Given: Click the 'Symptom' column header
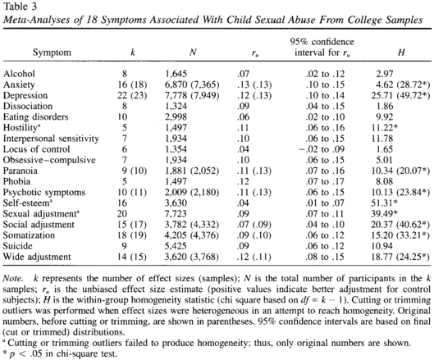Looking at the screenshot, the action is point(52,52).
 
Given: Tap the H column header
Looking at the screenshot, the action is point(401,52).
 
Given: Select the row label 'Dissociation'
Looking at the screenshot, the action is point(28,106).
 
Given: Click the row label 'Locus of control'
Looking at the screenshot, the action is point(36,149).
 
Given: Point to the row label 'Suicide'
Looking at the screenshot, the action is point(17,246).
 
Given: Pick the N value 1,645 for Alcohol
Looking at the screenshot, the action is point(176,74).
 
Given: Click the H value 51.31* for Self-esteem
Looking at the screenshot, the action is point(384,203).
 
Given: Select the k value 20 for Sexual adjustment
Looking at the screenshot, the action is point(121,214).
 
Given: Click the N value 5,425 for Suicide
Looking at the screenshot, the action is point(176,246).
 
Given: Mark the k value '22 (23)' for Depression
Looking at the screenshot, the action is point(132,95).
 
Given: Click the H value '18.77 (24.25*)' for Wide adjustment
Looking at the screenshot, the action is point(400,257).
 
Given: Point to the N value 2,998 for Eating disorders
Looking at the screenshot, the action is point(176,117).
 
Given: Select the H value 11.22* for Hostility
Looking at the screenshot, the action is point(385,128).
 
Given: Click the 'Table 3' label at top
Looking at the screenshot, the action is point(20,7).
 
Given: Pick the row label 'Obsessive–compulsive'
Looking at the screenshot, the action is point(49,160).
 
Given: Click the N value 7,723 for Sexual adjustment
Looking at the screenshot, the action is point(176,214).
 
